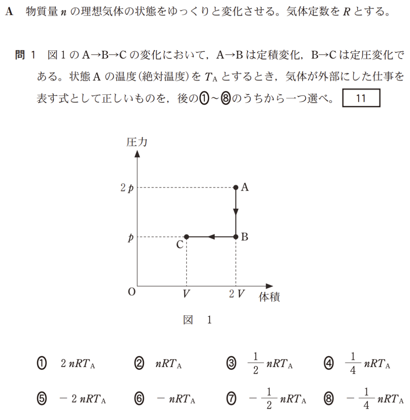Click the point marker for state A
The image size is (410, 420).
(236, 187)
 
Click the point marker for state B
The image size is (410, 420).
(236, 237)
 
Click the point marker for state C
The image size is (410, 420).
(187, 237)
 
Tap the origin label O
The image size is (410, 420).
(132, 292)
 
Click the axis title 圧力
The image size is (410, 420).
(137, 142)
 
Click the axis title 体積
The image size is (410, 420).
(269, 297)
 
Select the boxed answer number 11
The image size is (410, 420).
(361, 98)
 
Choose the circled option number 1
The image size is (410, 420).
(42, 363)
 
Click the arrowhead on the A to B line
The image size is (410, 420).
(236, 212)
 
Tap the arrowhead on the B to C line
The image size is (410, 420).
(211, 237)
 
